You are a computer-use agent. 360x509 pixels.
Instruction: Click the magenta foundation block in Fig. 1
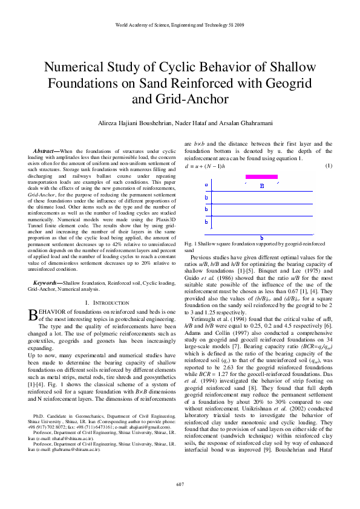click(x=261, y=177)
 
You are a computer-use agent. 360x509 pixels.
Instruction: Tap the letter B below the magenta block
click(x=262, y=186)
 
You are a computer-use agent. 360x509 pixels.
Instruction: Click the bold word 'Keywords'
click(x=47, y=283)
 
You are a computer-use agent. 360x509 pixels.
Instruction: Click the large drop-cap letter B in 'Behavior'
click(x=34, y=314)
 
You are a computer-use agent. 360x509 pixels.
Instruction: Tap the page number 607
click(x=180, y=484)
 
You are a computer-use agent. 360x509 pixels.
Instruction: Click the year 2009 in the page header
click(x=238, y=26)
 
